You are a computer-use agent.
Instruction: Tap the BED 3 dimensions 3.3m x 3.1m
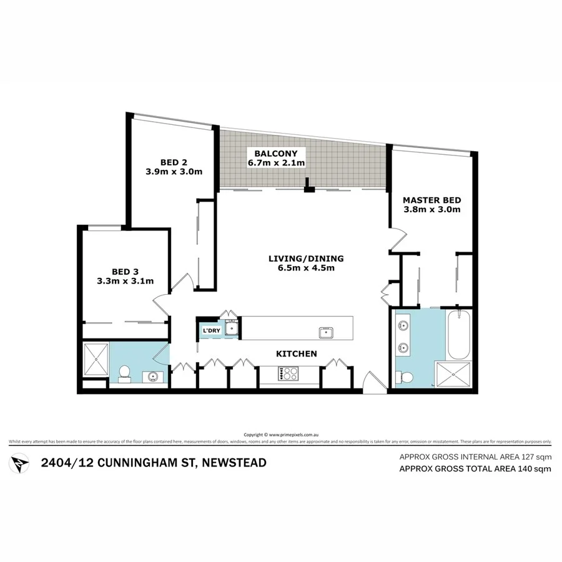125,281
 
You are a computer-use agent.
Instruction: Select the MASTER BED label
431,200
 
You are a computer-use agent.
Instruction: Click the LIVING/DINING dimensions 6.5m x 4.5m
306,269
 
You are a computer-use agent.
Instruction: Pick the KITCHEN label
297,354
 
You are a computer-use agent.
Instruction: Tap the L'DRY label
210,330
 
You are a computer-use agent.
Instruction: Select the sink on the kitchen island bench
325,332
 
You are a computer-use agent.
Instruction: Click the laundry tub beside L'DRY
231,328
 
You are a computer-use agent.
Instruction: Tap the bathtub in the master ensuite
459,334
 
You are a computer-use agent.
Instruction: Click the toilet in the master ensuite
405,377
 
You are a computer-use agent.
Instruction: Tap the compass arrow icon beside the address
20,463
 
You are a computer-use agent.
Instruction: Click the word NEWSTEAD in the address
231,463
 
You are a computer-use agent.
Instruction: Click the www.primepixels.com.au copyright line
280,435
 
